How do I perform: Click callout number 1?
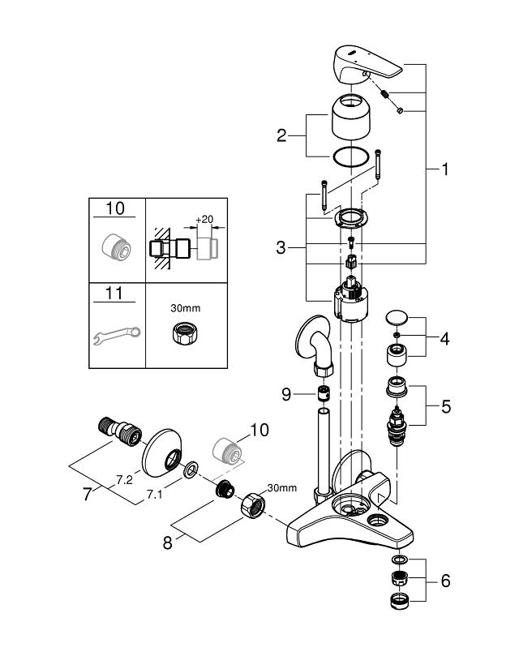[445, 169]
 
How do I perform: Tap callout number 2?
[281, 135]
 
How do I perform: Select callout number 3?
[281, 247]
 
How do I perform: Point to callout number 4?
[444, 338]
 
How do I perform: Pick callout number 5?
[446, 406]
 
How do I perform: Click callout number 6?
[446, 581]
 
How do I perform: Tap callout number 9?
[286, 395]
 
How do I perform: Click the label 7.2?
[124, 480]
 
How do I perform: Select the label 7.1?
[154, 495]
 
